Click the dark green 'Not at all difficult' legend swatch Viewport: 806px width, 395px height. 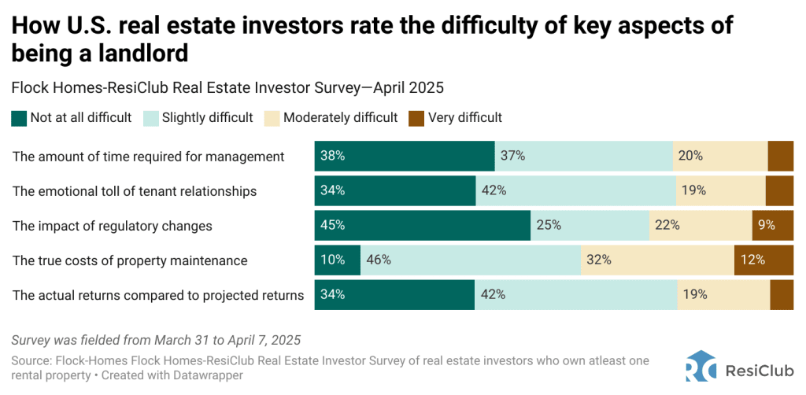pos(19,118)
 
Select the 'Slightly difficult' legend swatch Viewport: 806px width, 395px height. pos(150,118)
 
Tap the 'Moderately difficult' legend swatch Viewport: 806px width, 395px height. pos(272,118)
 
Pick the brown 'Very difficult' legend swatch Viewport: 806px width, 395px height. pos(416,118)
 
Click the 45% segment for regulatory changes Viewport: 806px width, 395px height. pos(422,225)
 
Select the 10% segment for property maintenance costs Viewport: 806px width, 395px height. pos(337,260)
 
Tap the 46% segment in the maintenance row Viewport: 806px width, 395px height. pos(470,260)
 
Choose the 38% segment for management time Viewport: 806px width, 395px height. pos(404,156)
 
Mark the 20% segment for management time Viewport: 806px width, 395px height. pos(719,156)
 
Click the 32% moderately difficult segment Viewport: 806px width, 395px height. pos(656,260)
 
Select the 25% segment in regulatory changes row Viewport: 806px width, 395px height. pos(590,225)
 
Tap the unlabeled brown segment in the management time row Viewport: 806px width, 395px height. pos(780,156)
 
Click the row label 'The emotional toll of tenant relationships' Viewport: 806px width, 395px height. pos(135,190)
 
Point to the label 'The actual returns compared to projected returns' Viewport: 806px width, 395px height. pos(158,295)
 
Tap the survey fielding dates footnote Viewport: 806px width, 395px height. pos(156,341)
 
